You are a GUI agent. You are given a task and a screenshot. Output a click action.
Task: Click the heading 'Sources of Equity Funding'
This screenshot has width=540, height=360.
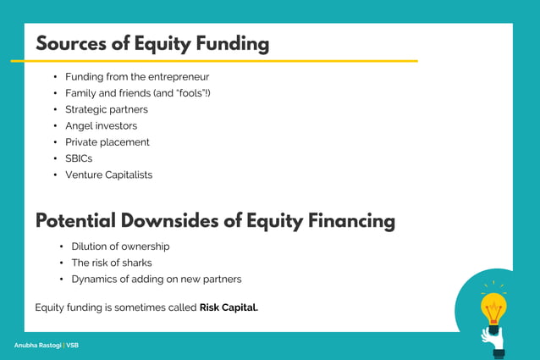152,44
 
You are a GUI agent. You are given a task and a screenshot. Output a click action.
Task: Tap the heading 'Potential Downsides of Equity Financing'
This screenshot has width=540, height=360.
215,221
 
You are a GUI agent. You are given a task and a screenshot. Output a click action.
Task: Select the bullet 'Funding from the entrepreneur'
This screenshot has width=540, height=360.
137,77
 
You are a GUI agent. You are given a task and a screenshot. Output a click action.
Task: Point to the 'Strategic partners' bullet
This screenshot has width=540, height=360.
107,109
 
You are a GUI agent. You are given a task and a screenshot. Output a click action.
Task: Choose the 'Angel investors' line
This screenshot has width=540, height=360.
101,126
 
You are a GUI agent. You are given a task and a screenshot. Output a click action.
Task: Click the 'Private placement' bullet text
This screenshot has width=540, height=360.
107,142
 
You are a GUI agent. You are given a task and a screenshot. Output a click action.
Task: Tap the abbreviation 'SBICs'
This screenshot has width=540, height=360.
79,158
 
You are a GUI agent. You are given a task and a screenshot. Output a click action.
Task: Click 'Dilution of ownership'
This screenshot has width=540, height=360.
120,246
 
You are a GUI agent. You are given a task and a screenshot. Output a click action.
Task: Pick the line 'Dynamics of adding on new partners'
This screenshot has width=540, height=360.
157,279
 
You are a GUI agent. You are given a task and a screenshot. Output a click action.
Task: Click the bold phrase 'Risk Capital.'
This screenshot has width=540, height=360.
229,307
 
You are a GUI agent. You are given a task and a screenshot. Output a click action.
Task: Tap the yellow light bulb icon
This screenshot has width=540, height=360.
493,306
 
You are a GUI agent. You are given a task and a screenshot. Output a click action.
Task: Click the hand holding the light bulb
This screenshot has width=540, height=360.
491,337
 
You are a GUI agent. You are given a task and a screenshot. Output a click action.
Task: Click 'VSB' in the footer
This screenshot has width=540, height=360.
73,346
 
